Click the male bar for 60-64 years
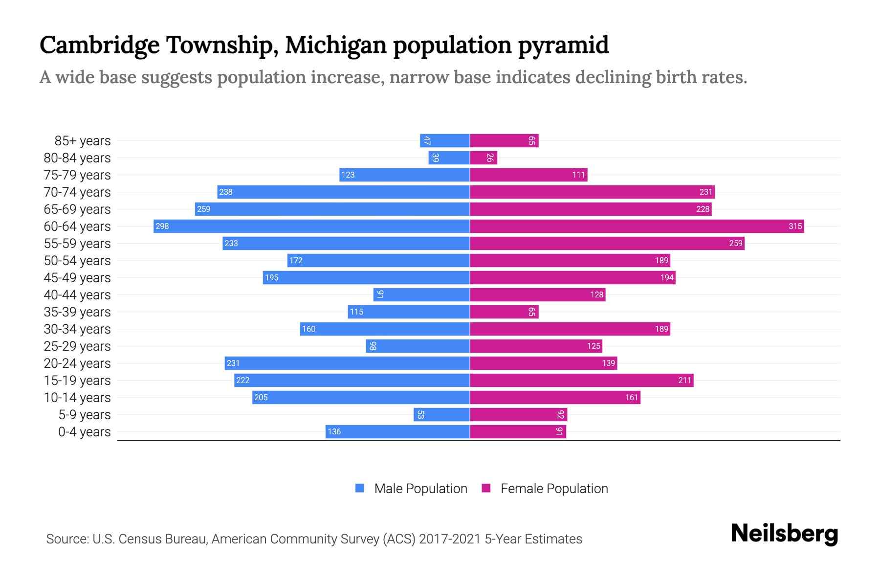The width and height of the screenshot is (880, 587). (x=311, y=226)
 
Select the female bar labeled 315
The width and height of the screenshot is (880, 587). (x=637, y=226)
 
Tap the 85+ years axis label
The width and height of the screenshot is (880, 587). (x=83, y=141)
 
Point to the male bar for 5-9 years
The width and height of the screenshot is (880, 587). (x=441, y=414)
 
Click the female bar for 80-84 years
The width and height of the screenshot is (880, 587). (x=483, y=158)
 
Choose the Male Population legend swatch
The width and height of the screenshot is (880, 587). (x=360, y=488)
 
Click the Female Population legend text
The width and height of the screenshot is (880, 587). (x=554, y=488)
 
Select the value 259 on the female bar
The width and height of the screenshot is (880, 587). (x=735, y=243)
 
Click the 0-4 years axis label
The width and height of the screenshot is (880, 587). (x=84, y=432)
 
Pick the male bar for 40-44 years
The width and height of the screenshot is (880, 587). (x=421, y=294)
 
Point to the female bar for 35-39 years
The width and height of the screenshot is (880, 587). (x=504, y=312)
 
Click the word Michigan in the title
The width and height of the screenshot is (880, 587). (x=336, y=45)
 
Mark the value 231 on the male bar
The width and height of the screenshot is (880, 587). (x=233, y=363)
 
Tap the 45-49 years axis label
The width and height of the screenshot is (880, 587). (x=77, y=278)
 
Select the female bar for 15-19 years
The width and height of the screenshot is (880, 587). (x=581, y=380)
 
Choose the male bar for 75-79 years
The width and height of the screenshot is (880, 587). (x=404, y=175)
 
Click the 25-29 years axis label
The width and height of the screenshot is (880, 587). (x=77, y=346)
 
